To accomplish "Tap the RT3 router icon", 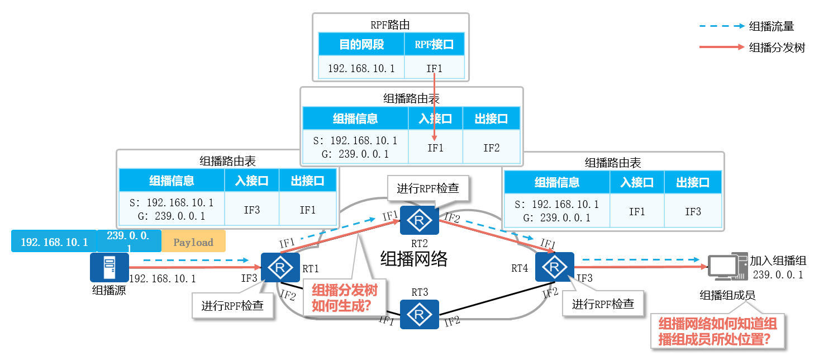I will pos(420,315).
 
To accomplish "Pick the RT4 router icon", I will pos(554,267).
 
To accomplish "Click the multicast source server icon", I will pos(109,267).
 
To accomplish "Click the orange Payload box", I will pos(193,242).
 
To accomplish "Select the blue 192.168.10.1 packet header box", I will pos(54,242).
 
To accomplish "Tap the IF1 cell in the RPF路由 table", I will pos(434,68).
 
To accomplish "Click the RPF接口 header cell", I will pos(434,45).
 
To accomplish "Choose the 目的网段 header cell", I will pos(361,45).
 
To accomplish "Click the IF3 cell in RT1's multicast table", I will pos(252,210).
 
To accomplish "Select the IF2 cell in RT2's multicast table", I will pos(491,148).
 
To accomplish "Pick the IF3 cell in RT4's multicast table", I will pos(693,211).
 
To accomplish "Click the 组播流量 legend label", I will pos(772,26).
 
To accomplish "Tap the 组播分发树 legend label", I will pos(777,48).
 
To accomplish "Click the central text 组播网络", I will pos(414,259).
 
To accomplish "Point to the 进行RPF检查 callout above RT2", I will pos(428,188).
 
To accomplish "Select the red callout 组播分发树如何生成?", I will pos(344,298).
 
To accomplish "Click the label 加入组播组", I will pos(778,261).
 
